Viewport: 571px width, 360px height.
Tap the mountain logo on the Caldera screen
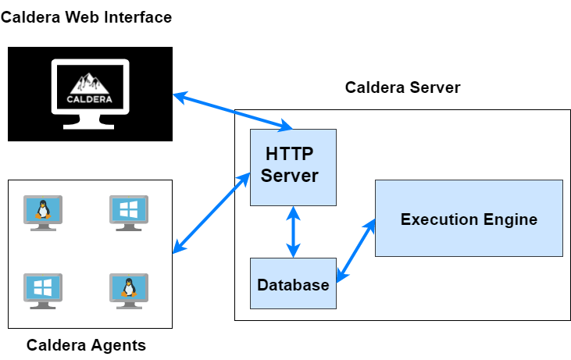(91, 84)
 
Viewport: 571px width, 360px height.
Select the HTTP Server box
(293, 166)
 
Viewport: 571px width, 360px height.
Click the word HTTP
(290, 153)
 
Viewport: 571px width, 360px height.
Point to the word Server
(290, 176)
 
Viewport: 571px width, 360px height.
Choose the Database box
(293, 283)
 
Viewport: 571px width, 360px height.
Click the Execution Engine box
(469, 219)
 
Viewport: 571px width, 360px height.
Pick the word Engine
(513, 219)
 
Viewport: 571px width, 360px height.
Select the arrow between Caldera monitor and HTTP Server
(233, 111)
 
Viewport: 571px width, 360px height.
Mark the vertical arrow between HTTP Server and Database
(294, 232)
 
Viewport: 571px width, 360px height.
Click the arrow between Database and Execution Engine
(355, 250)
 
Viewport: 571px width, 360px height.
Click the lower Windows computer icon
(43, 290)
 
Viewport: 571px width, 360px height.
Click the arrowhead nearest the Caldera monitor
(179, 97)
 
